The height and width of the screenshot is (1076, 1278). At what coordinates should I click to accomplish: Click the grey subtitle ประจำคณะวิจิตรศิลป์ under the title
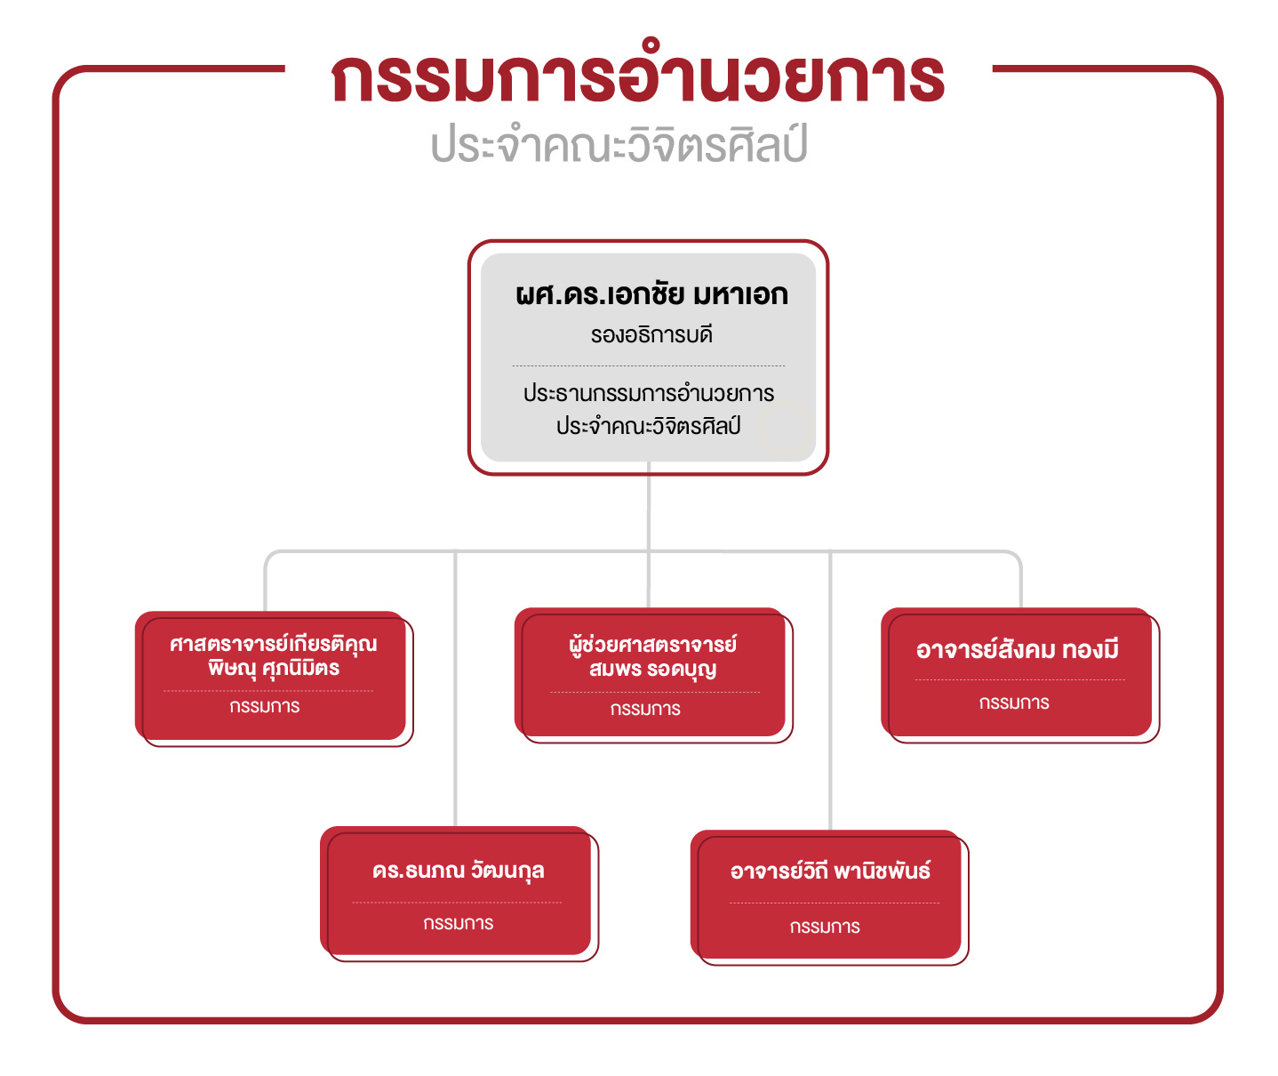(619, 144)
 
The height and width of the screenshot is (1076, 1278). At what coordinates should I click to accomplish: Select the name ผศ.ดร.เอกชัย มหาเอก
(651, 294)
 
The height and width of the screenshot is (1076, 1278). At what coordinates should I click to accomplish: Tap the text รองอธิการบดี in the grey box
(651, 334)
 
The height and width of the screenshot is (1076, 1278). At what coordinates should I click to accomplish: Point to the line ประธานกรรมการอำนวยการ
(649, 392)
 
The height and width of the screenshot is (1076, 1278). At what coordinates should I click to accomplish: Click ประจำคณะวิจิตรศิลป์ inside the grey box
(649, 425)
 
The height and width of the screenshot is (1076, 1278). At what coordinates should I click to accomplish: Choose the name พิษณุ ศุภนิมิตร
(274, 669)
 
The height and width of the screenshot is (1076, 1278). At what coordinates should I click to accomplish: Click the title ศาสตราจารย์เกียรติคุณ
(273, 643)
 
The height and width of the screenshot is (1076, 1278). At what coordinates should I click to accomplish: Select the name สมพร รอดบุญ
(652, 670)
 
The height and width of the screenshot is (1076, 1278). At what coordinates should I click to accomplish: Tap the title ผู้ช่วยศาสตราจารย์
(652, 644)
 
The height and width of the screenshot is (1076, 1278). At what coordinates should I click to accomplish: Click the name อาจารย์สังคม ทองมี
(1018, 649)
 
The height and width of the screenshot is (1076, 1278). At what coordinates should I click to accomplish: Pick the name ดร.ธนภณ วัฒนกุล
(459, 871)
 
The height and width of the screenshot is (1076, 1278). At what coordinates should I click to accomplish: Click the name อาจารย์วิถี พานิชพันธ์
(831, 871)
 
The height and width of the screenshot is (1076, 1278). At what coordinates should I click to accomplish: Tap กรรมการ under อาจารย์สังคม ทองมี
(1014, 703)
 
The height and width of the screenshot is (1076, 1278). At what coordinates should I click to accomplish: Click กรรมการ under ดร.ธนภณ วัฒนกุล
(459, 923)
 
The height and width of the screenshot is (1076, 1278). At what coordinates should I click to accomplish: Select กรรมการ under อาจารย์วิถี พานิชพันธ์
(825, 927)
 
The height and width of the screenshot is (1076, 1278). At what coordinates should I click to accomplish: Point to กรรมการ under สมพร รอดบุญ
(646, 709)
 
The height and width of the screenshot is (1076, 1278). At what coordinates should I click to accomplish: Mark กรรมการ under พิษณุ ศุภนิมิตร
(265, 706)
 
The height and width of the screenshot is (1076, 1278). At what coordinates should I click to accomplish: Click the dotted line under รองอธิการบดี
(649, 366)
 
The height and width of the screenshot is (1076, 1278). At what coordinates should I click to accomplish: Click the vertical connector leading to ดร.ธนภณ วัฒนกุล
(455, 688)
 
